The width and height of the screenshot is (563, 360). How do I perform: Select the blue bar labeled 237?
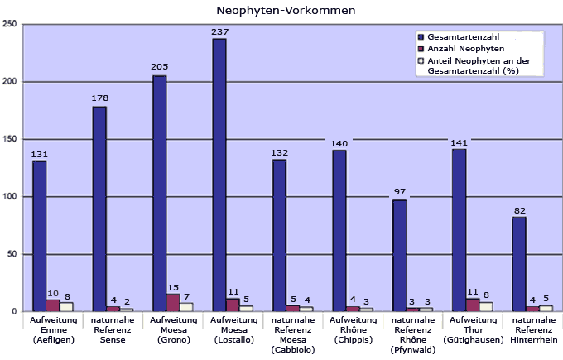point(219,175)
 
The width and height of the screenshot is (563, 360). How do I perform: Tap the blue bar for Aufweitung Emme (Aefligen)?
point(40,236)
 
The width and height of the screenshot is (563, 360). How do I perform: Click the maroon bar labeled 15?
point(173,303)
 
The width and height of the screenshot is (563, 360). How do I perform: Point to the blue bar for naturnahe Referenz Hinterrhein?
point(519,264)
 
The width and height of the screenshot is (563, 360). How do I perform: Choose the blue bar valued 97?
point(399,256)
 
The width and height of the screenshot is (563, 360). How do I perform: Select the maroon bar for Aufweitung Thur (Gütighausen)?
point(473,305)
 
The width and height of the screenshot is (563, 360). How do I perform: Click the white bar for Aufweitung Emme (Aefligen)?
point(66,307)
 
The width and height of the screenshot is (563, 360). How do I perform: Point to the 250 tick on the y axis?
point(11,24)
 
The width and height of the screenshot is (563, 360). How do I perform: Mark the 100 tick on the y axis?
point(11,197)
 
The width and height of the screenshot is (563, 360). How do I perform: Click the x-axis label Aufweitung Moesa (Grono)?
point(172,329)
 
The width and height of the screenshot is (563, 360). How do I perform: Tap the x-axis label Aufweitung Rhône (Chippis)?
point(353,329)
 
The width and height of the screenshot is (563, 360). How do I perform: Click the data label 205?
point(159,66)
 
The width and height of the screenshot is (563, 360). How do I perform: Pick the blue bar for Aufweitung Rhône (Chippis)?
point(339,231)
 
